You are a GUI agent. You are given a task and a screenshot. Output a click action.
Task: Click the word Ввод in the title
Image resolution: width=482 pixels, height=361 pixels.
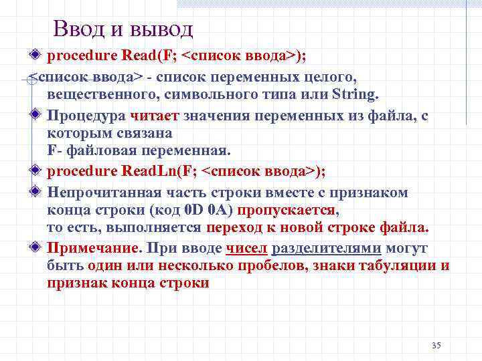pyautogui.click(x=79, y=29)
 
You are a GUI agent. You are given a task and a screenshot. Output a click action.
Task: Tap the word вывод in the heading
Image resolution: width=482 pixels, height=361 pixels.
pyautogui.click(x=159, y=29)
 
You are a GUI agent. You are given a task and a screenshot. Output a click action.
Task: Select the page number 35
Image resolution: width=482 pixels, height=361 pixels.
pyautogui.click(x=436, y=345)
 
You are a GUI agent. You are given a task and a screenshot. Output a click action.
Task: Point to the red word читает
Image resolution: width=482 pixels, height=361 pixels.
pyautogui.click(x=155, y=116)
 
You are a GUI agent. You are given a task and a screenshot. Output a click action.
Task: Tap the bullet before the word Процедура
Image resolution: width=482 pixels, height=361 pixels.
pyautogui.click(x=37, y=115)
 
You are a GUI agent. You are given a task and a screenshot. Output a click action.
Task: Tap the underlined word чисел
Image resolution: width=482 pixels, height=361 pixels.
pyautogui.click(x=247, y=249)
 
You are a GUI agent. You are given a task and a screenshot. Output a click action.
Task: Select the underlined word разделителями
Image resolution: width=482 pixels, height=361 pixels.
pyautogui.click(x=327, y=249)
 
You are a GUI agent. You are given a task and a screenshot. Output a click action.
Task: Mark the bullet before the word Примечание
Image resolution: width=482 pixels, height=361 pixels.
pyautogui.click(x=37, y=248)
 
